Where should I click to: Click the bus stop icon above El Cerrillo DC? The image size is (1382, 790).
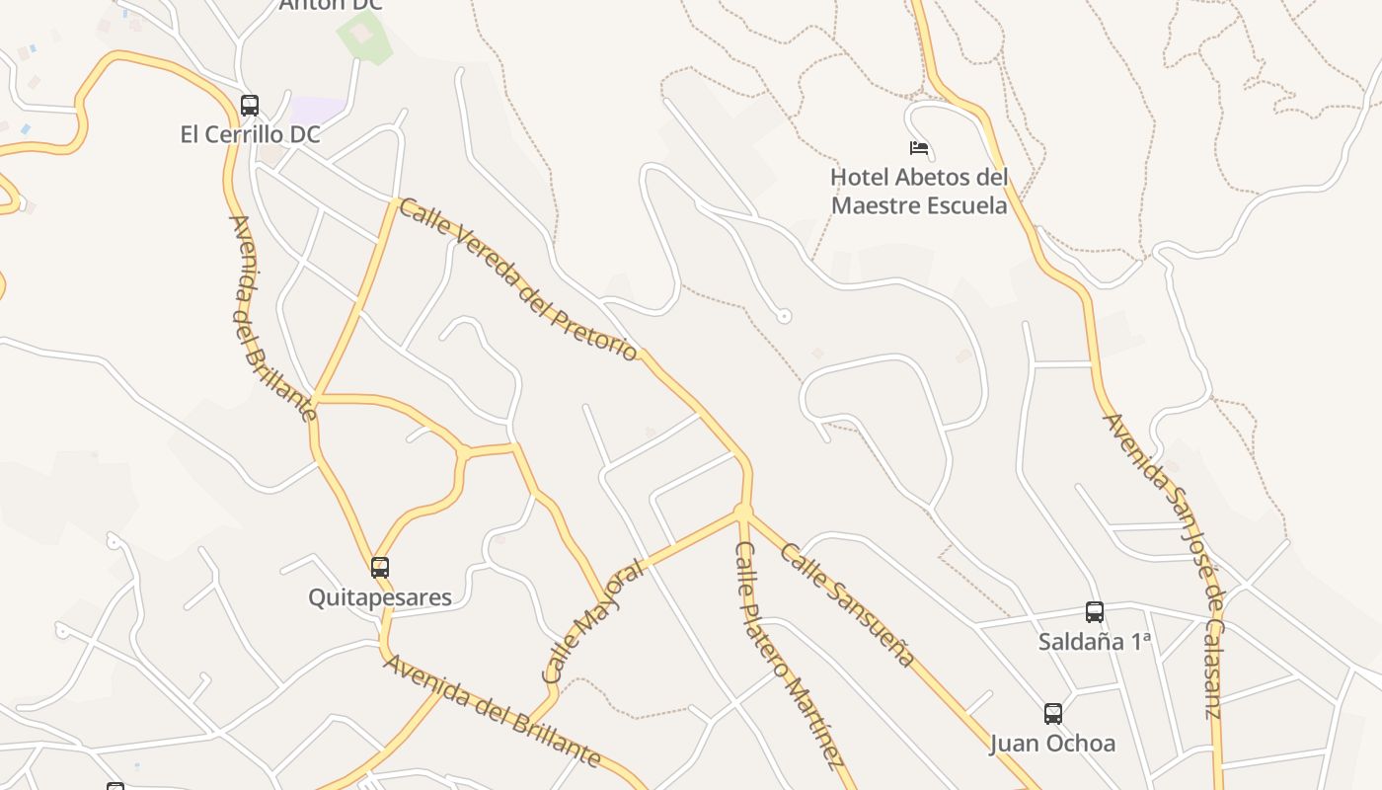pyautogui.click(x=250, y=105)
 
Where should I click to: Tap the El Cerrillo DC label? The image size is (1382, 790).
pyautogui.click(x=250, y=134)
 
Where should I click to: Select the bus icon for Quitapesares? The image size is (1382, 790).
pyautogui.click(x=380, y=567)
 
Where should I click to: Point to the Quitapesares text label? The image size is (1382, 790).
pyautogui.click(x=380, y=597)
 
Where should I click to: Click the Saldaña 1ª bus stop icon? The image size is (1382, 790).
pyautogui.click(x=1094, y=611)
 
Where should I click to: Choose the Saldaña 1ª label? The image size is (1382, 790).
pyautogui.click(x=1095, y=641)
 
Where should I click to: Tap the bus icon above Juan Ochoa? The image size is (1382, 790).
pyautogui.click(x=1053, y=713)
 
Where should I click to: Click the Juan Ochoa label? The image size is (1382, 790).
pyautogui.click(x=1052, y=743)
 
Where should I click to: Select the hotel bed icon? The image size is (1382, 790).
pyautogui.click(x=919, y=148)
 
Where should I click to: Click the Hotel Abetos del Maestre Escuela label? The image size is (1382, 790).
pyautogui.click(x=919, y=192)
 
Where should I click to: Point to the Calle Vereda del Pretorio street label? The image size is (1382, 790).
pyautogui.click(x=518, y=280)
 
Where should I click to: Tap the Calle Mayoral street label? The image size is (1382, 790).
pyautogui.click(x=593, y=622)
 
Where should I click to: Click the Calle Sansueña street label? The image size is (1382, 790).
pyautogui.click(x=847, y=604)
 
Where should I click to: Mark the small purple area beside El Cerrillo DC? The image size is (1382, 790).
pyautogui.click(x=318, y=110)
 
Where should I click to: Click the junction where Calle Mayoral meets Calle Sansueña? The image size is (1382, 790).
pyautogui.click(x=742, y=512)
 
